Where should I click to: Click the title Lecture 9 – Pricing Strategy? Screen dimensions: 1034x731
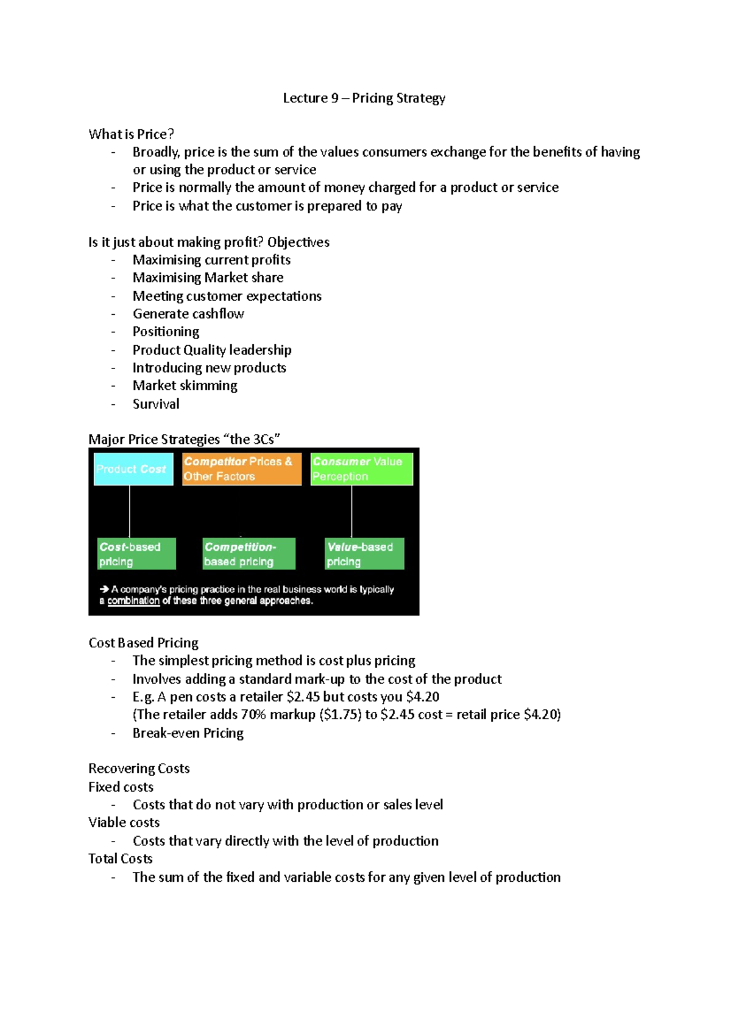(364, 98)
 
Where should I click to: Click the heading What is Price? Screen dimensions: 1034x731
(131, 134)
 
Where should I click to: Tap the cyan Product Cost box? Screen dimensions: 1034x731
(132, 469)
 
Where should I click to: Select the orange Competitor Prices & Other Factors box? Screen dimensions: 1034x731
(242, 469)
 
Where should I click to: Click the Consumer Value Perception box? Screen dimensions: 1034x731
(361, 469)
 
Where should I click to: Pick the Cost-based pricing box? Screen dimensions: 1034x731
(136, 554)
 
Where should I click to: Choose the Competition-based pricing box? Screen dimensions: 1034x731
(249, 554)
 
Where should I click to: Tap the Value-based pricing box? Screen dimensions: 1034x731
(364, 554)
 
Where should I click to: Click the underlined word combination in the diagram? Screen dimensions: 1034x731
(133, 601)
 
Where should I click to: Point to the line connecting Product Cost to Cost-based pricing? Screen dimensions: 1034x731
(130, 512)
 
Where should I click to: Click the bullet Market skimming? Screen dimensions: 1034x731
(185, 385)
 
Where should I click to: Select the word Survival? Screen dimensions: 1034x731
(156, 404)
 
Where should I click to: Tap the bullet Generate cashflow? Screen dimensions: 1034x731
(188, 314)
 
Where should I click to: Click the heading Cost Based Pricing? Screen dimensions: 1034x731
(143, 643)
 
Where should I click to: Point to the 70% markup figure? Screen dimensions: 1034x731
(253, 714)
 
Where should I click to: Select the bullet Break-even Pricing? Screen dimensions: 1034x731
(188, 733)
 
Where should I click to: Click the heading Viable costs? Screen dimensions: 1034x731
(124, 823)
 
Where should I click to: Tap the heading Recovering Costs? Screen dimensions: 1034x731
(139, 768)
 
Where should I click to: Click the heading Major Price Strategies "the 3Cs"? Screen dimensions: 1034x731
(184, 439)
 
